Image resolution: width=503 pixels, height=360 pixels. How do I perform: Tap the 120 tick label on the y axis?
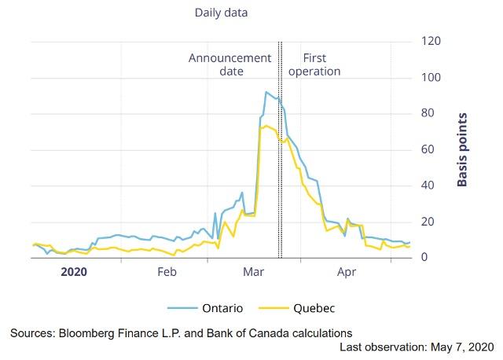pyautogui.click(x=431, y=41)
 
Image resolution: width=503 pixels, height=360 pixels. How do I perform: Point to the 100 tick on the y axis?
pyautogui.click(x=431, y=78)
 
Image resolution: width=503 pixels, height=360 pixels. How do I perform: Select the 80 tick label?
pyautogui.click(x=428, y=114)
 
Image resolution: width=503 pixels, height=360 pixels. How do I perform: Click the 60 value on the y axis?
pyautogui.click(x=428, y=149)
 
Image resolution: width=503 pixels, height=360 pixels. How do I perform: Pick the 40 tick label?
pyautogui.click(x=428, y=186)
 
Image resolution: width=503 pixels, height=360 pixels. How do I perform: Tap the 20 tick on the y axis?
pyautogui.click(x=428, y=222)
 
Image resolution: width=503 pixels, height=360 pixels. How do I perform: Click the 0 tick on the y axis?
pyautogui.click(x=425, y=258)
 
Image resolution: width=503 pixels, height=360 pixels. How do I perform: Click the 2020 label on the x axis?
pyautogui.click(x=74, y=272)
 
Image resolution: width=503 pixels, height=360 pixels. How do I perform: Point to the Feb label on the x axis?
pyautogui.click(x=167, y=272)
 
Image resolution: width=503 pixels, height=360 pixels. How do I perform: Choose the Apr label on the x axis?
pyautogui.click(x=347, y=272)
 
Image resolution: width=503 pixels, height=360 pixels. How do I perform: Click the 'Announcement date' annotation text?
pyautogui.click(x=229, y=64)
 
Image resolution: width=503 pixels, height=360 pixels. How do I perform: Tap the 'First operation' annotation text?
pyautogui.click(x=314, y=64)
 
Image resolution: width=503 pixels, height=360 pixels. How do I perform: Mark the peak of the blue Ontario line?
pyautogui.click(x=266, y=92)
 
